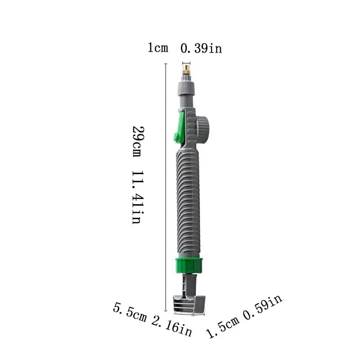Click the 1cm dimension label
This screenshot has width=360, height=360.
(157, 48)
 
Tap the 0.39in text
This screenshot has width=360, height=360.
(201, 48)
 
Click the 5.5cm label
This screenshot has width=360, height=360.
(130, 313)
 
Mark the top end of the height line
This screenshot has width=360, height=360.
(167, 64)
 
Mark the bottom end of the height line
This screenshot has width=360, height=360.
(167, 310)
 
